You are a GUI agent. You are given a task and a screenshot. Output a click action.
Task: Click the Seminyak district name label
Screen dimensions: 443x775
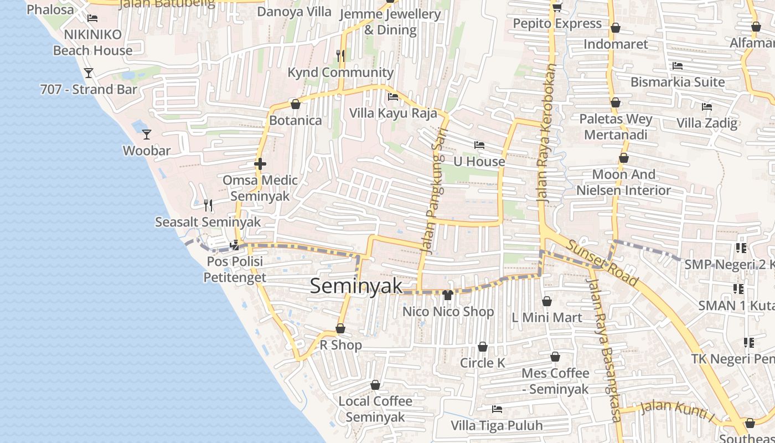356,286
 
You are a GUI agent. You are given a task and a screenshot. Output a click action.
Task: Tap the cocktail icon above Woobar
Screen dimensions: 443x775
146,134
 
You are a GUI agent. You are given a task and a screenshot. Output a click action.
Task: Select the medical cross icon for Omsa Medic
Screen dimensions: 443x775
260,164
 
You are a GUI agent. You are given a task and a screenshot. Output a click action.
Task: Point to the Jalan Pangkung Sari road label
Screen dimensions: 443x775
434,198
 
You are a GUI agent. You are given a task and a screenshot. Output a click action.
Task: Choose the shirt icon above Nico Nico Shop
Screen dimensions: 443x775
448,295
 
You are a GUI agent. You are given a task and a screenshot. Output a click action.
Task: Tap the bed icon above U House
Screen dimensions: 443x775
479,145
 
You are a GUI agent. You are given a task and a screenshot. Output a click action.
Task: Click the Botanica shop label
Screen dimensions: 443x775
295,120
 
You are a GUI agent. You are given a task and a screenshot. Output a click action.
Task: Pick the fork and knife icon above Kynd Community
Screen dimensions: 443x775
340,55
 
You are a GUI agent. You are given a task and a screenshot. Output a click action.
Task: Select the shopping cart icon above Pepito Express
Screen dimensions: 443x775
557,7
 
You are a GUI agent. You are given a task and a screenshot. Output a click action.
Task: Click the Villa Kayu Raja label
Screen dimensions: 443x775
393,113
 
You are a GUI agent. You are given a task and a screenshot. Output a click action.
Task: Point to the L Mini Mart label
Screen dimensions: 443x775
546,317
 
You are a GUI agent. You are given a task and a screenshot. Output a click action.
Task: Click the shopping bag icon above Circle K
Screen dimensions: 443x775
483,347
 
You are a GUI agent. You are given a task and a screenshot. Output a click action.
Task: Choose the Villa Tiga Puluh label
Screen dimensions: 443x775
497,425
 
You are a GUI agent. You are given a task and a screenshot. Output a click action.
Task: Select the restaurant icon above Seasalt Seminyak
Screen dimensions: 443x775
208,205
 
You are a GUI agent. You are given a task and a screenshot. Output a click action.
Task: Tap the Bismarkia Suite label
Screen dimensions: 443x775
678,82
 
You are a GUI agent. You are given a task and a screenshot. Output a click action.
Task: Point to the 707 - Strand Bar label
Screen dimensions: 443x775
89,89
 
